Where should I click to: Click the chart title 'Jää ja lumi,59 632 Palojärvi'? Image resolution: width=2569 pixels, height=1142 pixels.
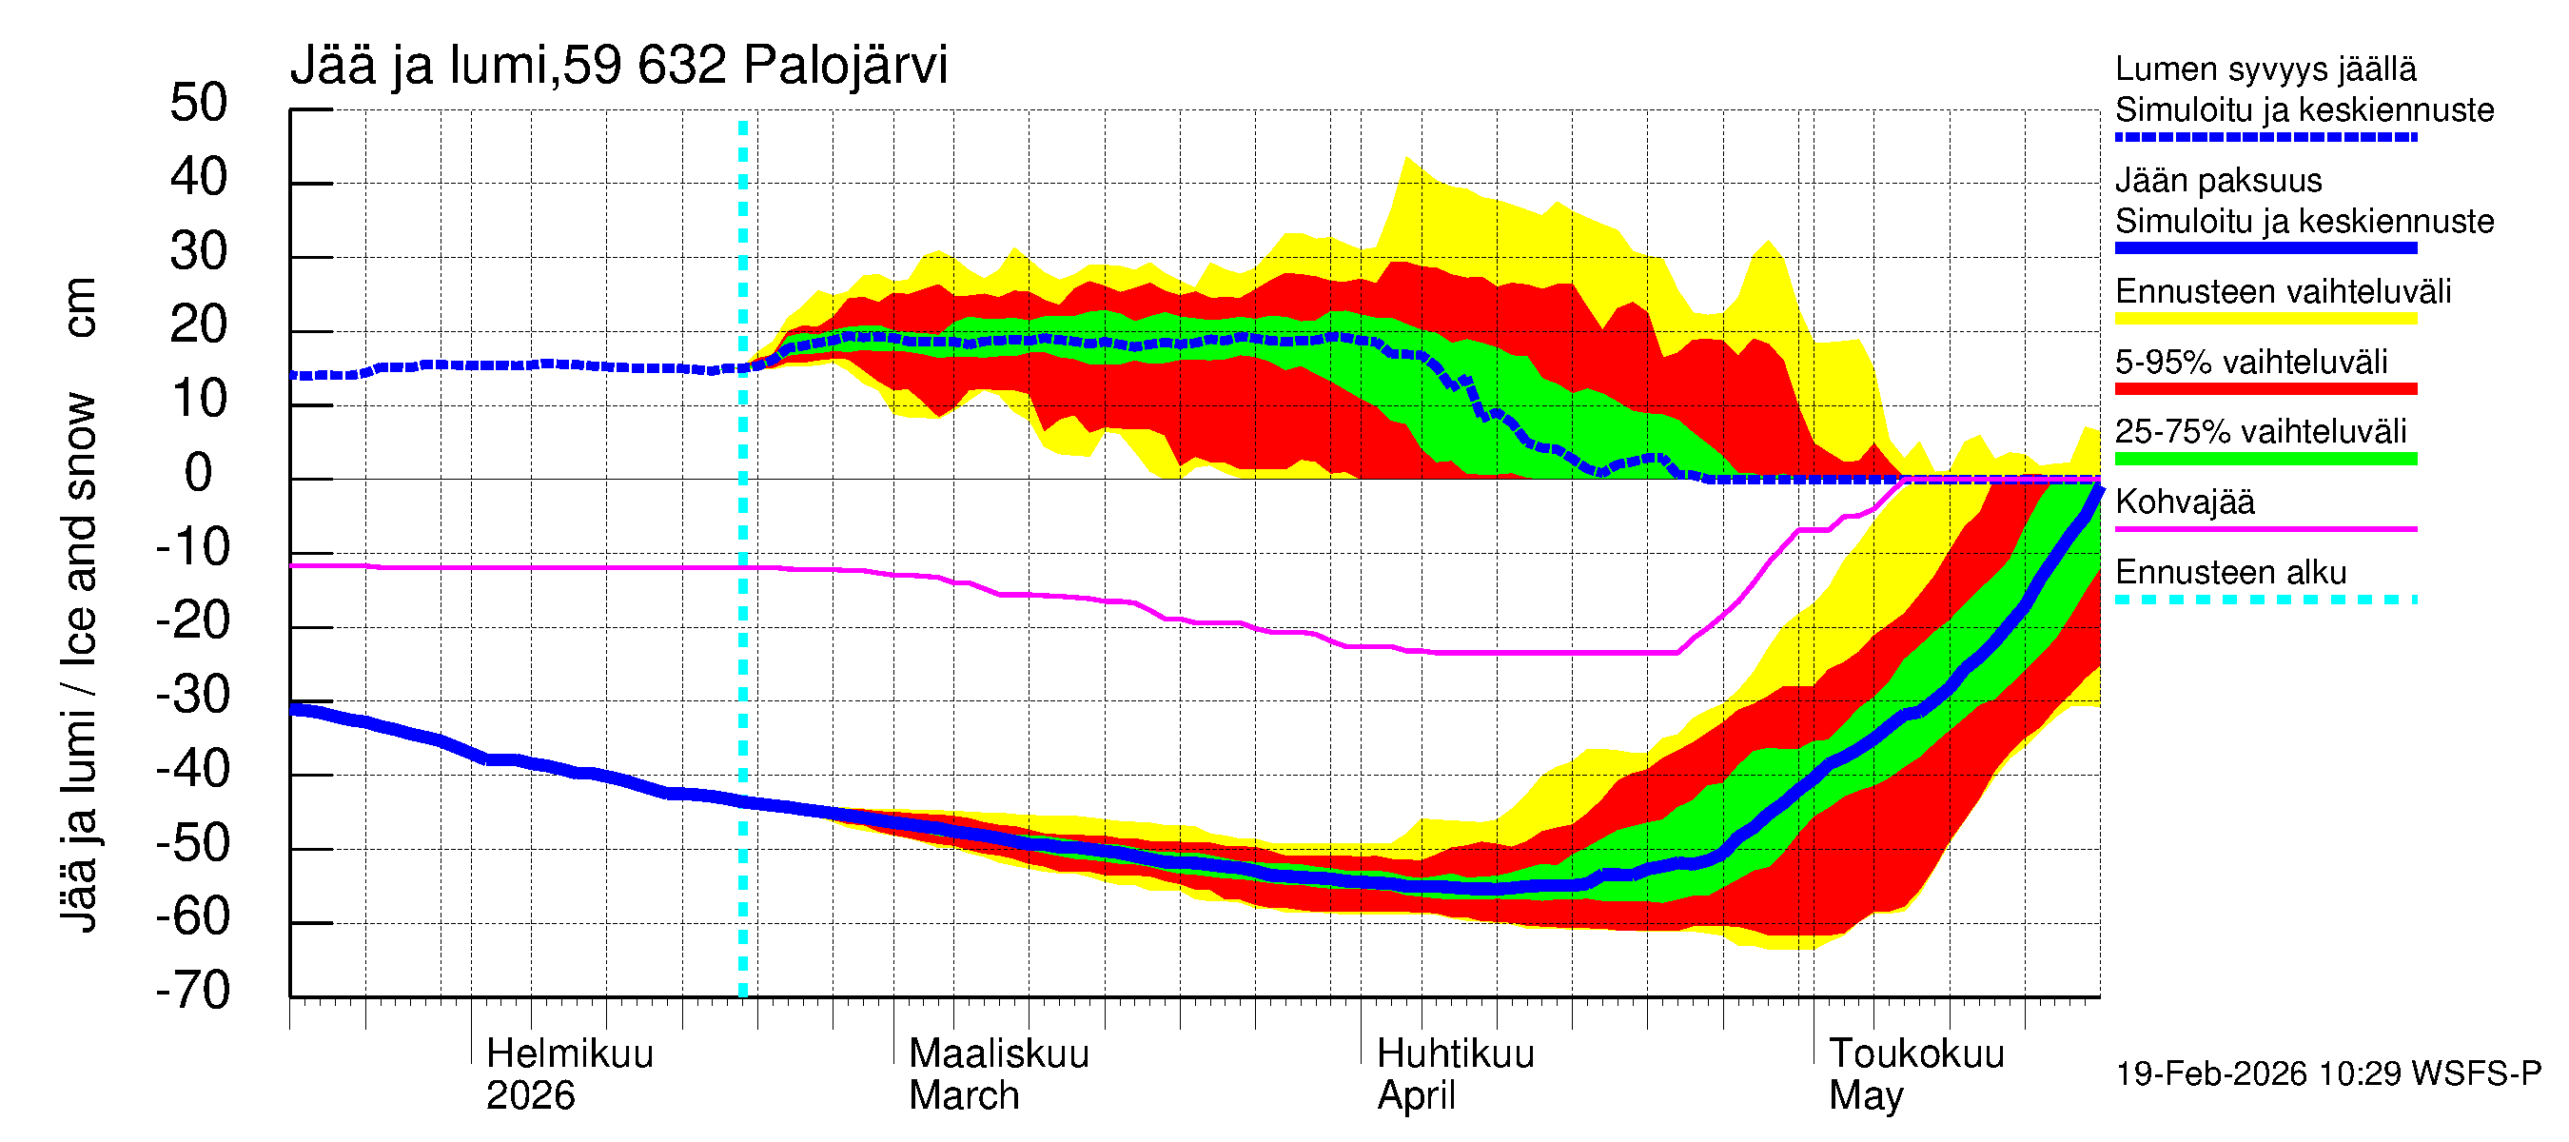[618, 66]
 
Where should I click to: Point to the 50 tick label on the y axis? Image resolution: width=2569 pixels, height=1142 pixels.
[199, 104]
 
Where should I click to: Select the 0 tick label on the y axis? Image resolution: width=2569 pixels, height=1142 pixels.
[199, 473]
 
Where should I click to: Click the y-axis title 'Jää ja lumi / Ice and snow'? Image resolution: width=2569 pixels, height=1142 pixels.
[79, 663]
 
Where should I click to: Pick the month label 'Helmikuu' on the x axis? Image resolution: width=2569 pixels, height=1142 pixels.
[569, 1054]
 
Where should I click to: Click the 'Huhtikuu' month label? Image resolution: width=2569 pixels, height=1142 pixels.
[1455, 1054]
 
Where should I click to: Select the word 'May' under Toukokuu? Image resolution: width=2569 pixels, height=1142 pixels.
[1865, 1096]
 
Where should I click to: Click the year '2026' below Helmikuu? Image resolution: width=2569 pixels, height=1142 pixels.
[530, 1096]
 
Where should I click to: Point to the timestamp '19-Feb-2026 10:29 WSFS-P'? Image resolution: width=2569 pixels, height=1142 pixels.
[2327, 1074]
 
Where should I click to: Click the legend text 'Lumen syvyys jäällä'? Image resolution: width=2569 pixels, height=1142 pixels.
[2265, 69]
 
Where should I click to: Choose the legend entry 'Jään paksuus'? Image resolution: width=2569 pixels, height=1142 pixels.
[2219, 182]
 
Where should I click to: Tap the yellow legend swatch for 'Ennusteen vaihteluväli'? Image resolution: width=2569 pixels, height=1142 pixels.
[2265, 319]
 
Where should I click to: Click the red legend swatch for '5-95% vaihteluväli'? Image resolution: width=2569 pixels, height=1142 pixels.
[2265, 389]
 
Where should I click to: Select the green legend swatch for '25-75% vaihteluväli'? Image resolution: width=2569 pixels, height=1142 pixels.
[2265, 459]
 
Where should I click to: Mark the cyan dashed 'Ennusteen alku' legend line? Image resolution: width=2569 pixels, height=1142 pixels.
[2265, 600]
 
